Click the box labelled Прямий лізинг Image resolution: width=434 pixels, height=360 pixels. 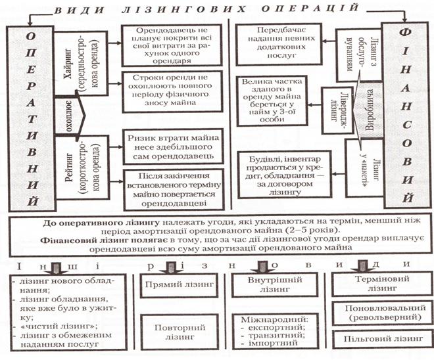pos(179,286)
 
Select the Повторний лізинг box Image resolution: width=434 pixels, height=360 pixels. pos(180,332)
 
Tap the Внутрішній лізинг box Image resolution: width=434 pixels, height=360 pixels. pos(275,285)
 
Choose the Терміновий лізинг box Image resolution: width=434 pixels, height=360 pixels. pos(381,284)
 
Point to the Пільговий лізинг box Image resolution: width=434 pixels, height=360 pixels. pos(383,339)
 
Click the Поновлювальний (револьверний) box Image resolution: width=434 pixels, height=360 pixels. pos(383,313)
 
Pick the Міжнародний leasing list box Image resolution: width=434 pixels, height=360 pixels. pos(275,332)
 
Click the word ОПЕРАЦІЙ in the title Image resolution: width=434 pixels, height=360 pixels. pos(310,9)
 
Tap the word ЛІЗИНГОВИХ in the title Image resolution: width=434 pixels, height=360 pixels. pos(183,9)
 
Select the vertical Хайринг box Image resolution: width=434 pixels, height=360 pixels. pos(80,64)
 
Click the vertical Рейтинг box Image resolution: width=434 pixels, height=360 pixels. pos(82,168)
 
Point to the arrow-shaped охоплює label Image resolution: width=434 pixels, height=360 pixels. pos(70,116)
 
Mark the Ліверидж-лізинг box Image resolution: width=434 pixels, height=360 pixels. pos(337,110)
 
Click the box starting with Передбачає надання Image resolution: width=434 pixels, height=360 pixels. pos(278,44)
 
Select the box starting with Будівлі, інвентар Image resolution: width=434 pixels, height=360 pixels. pos(285,175)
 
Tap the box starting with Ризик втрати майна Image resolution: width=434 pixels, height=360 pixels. pos(173,146)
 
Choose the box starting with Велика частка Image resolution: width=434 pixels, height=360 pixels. pos(272,101)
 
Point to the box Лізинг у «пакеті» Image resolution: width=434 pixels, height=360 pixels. pos(366,168)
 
